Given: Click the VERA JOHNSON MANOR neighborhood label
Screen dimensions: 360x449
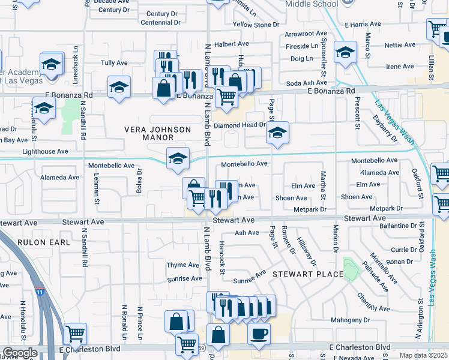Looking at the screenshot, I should [157, 133].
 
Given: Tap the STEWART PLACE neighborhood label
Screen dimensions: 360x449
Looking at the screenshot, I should [308, 274].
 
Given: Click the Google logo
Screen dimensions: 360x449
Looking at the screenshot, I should [20, 353].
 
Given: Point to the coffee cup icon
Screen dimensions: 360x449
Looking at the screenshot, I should [259, 333].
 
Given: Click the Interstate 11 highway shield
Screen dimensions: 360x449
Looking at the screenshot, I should [40, 292].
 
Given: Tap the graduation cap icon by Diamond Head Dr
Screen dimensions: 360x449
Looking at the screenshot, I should [277, 133].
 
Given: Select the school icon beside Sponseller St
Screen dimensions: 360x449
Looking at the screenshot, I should [346, 52].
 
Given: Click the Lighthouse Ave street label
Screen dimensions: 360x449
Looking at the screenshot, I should [46, 152].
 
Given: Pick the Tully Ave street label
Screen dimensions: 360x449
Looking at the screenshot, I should [113, 62].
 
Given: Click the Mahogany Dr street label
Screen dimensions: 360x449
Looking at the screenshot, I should [351, 320].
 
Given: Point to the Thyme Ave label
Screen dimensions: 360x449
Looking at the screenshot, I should [182, 265].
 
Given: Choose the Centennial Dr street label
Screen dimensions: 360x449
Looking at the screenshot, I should [160, 23].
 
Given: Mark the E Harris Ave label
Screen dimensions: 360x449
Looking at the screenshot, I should [363, 25].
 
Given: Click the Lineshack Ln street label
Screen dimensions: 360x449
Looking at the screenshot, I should [76, 65].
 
